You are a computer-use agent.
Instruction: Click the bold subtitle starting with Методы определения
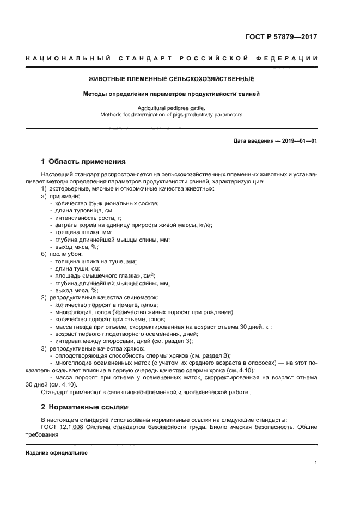172,94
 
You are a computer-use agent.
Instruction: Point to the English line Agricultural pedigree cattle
172,108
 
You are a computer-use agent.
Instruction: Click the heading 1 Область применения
83,162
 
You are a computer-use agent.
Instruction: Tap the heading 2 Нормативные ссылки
84,407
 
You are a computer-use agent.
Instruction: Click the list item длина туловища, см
84,210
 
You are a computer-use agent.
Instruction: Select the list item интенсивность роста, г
88,218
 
